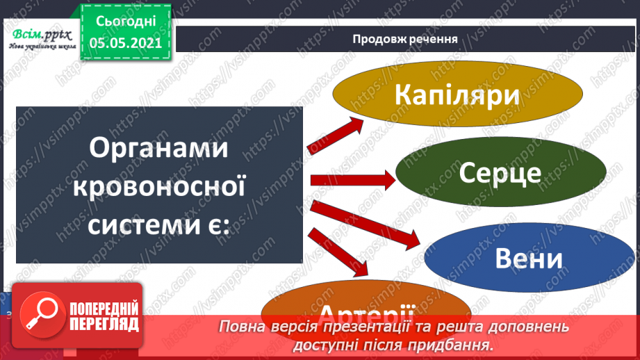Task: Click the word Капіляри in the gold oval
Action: click(457, 95)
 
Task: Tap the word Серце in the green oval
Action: click(500, 173)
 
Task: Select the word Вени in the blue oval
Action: click(528, 259)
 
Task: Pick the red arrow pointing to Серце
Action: click(353, 181)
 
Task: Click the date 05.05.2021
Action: click(126, 42)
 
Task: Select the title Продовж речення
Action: click(404, 38)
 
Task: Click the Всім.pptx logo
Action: click(39, 36)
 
